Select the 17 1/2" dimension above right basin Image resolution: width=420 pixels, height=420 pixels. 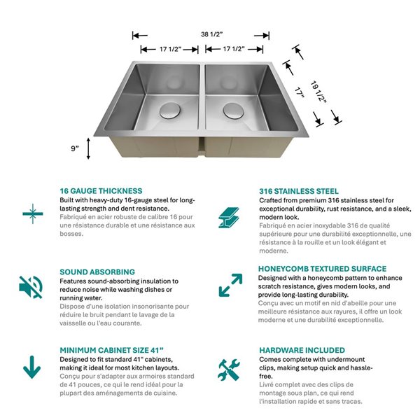coord(233,49)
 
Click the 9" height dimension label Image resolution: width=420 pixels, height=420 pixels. coord(74,148)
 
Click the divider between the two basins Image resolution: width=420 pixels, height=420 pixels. coord(202,105)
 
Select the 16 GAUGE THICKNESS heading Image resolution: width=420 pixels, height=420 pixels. coord(101,190)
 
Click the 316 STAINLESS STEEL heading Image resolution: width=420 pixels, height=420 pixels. coord(299,190)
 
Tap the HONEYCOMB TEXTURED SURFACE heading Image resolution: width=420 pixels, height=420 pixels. coord(322,269)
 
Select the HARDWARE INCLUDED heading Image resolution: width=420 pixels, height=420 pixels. coord(302,350)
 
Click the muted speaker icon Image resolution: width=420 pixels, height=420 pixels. coord(31,286)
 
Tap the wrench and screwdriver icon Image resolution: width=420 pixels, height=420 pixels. coord(229,369)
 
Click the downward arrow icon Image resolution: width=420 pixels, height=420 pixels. coord(31,366)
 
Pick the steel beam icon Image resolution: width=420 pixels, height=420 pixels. coord(229,214)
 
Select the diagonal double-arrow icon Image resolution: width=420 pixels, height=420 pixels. coord(230,285)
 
